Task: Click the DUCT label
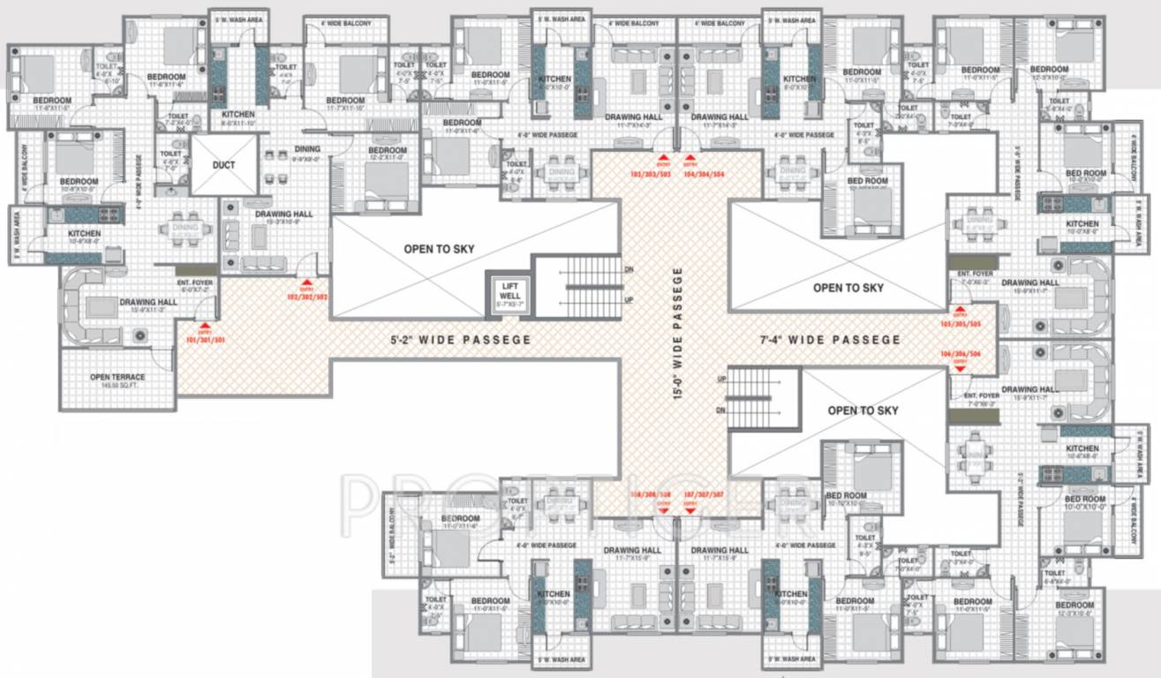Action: pos(222,164)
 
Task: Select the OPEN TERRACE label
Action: pos(117,378)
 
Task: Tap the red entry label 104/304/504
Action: pos(704,175)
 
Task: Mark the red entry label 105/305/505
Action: pos(961,323)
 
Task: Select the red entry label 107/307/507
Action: pos(704,494)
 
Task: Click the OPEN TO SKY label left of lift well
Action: pos(439,249)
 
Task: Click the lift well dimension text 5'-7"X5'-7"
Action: pos(510,305)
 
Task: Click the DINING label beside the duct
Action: pos(283,149)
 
